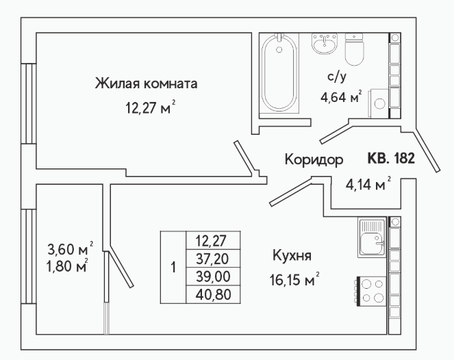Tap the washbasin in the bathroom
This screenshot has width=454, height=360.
coord(325,44)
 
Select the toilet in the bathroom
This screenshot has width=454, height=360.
coord(354,49)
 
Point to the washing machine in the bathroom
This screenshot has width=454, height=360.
coord(378,103)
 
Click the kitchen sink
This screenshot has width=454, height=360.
coord(372,237)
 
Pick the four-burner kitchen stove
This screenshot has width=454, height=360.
coord(372,292)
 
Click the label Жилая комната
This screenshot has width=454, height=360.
coord(147,83)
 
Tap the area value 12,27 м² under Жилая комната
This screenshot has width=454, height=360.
coord(150,107)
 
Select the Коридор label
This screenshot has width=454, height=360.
coord(314,159)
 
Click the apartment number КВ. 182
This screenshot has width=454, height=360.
coord(391,158)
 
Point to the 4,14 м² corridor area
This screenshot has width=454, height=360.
coord(368,183)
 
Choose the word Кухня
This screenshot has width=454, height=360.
coord(292,256)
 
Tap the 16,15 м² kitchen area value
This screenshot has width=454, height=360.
coord(294,279)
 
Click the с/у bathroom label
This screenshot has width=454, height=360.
coord(337,77)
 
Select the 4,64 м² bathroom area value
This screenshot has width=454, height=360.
coord(341,97)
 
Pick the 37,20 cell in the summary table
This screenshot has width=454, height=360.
coord(213,259)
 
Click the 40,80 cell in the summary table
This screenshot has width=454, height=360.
coord(213,294)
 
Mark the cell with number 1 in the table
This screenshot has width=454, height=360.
coord(173,268)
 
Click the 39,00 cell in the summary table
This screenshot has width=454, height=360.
coord(213,277)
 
